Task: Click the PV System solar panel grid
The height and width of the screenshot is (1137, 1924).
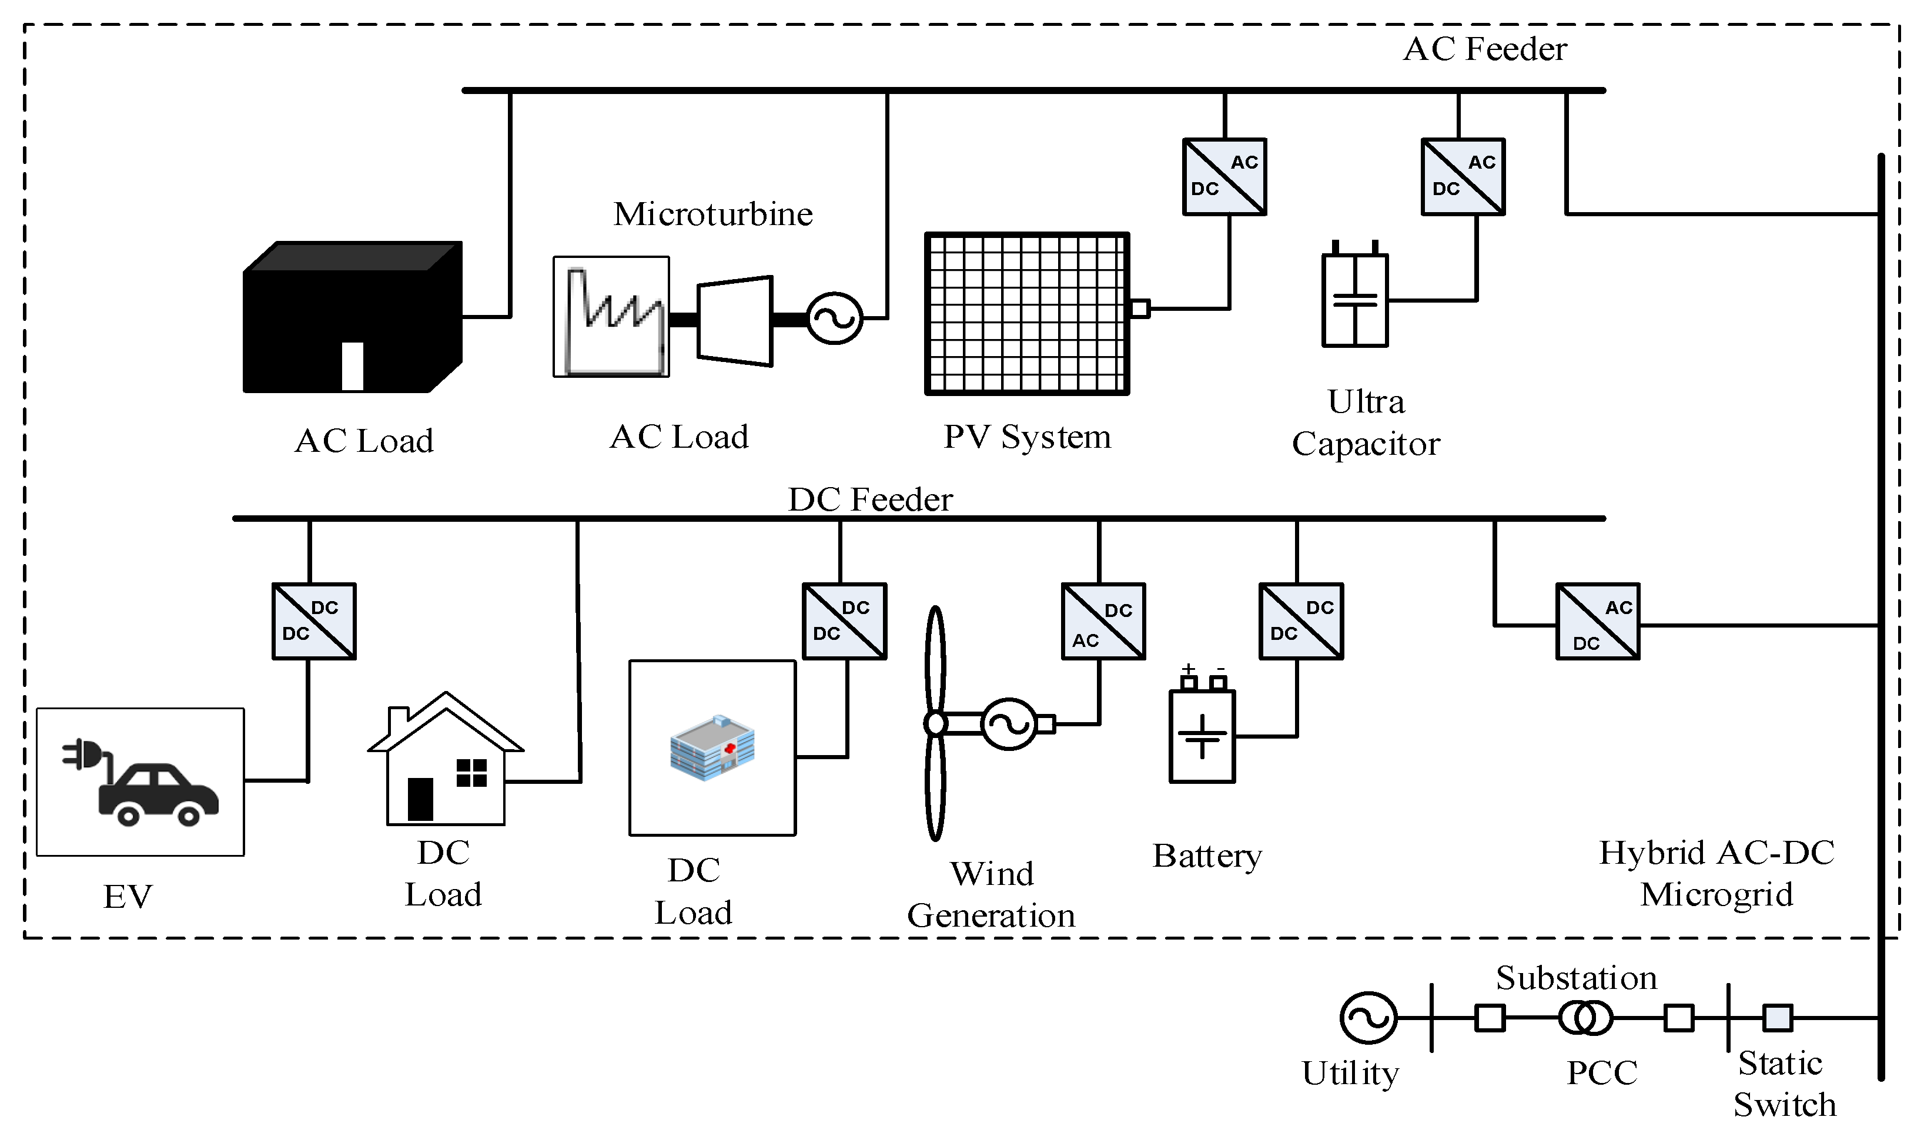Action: pyautogui.click(x=1026, y=313)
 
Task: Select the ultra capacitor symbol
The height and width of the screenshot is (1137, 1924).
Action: pyautogui.click(x=1354, y=300)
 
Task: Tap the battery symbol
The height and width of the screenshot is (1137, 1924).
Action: pyautogui.click(x=1201, y=736)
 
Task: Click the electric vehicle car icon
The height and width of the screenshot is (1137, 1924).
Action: pyautogui.click(x=158, y=794)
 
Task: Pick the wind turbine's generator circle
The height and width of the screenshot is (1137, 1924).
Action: pyautogui.click(x=1009, y=724)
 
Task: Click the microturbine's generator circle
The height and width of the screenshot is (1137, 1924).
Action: pyautogui.click(x=835, y=318)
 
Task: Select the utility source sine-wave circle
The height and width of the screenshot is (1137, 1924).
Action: pyautogui.click(x=1368, y=1018)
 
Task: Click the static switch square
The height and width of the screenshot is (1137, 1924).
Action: pyautogui.click(x=1778, y=1018)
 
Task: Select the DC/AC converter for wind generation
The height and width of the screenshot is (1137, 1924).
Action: pyautogui.click(x=1103, y=621)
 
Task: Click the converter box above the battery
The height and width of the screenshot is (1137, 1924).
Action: pyautogui.click(x=1301, y=621)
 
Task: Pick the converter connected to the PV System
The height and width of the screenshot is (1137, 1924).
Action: pyautogui.click(x=1224, y=177)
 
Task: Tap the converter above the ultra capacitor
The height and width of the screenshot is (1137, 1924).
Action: pyautogui.click(x=1463, y=177)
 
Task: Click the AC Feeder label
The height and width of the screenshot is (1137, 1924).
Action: pyautogui.click(x=1485, y=49)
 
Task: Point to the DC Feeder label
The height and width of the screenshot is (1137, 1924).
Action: pyautogui.click(x=870, y=499)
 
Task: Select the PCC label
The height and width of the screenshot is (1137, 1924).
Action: pyautogui.click(x=1602, y=1072)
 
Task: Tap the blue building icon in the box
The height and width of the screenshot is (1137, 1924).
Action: pyautogui.click(x=712, y=748)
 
